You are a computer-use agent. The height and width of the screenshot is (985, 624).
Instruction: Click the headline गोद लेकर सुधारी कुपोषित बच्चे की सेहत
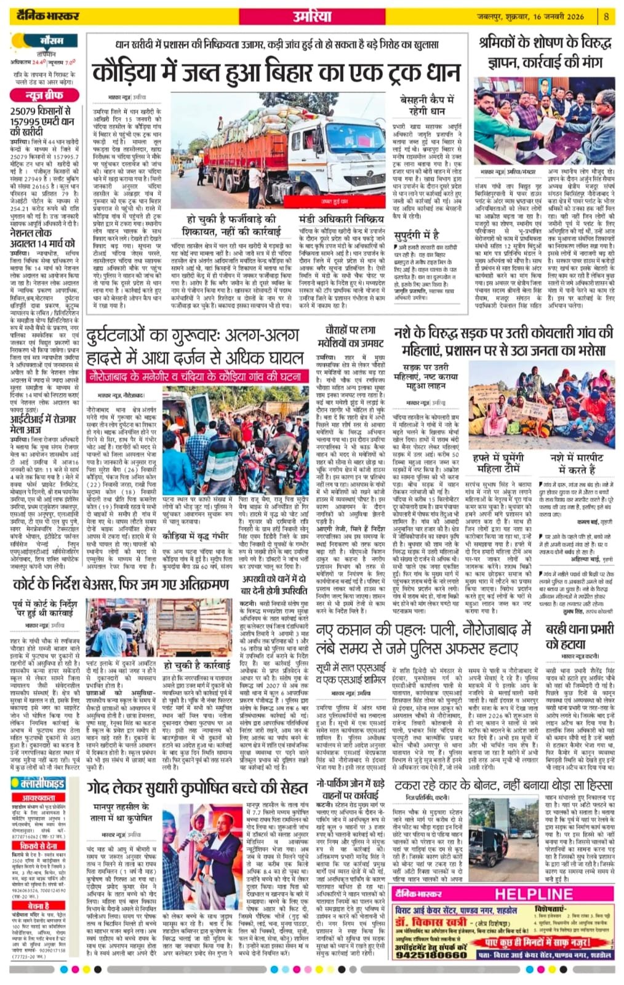click(x=197, y=789)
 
